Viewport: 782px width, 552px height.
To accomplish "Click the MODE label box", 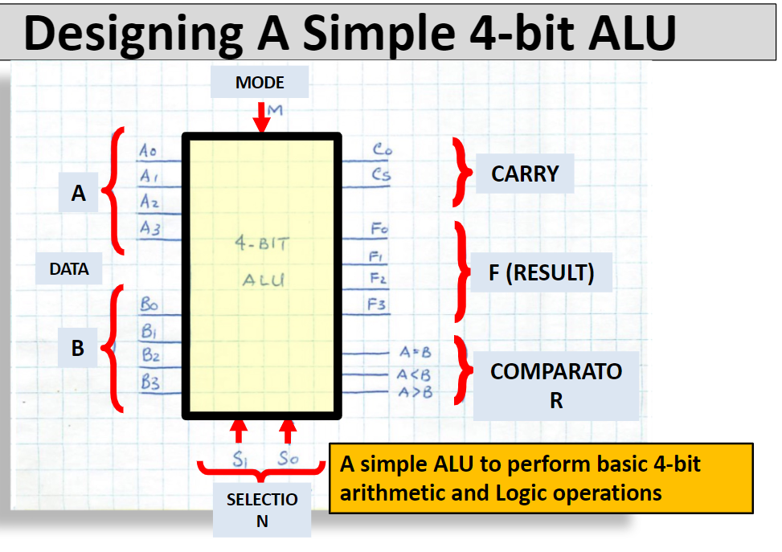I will [260, 82].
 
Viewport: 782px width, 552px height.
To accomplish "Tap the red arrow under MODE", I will [261, 117].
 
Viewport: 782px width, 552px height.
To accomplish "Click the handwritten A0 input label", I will [149, 151].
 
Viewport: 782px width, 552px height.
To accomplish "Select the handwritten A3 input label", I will [149, 229].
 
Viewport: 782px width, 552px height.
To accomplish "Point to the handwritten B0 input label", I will [149, 305].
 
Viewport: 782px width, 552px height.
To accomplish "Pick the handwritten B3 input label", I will [150, 382].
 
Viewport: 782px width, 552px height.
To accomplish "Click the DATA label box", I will [69, 269].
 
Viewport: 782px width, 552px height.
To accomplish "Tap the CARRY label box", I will [525, 174].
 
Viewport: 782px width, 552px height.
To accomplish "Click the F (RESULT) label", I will [541, 273].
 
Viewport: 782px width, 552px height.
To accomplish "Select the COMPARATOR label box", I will [556, 385].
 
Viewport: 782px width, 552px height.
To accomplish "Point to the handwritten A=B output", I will [415, 352].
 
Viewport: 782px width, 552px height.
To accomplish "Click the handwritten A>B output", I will [415, 392].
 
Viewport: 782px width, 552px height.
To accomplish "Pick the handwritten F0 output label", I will [379, 229].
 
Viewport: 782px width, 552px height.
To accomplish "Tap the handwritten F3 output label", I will [377, 305].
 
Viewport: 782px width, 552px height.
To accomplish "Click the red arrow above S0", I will [289, 430].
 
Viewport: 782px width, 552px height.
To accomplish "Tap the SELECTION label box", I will [262, 509].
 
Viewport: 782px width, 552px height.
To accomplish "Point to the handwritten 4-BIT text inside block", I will [261, 243].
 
